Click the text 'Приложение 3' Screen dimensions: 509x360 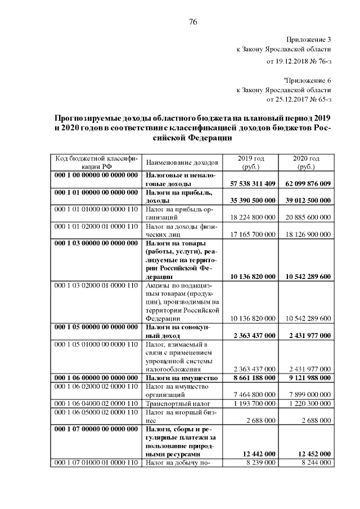(309, 40)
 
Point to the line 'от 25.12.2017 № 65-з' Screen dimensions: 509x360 (299, 100)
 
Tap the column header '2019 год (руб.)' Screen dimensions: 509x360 (251, 163)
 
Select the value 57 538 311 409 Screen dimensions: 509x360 (253, 183)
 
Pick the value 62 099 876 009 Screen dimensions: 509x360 (308, 183)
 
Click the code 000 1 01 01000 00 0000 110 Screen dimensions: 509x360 (96, 208)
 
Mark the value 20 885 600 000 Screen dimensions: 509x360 (308, 217)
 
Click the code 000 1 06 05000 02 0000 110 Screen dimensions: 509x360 (96, 412)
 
